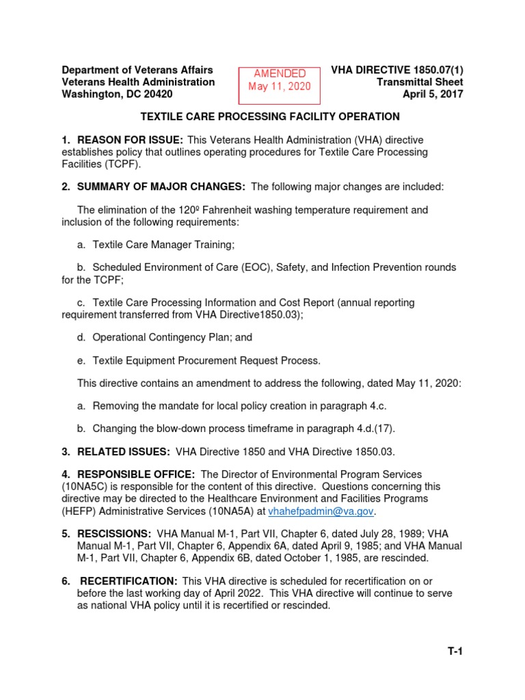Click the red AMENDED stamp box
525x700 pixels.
(x=279, y=80)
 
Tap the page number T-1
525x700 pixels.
(x=455, y=651)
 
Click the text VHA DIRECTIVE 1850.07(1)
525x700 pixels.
(x=396, y=70)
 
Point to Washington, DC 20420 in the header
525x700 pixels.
(x=117, y=94)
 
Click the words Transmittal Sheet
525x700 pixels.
(x=420, y=82)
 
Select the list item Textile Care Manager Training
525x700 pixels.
(x=163, y=244)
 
